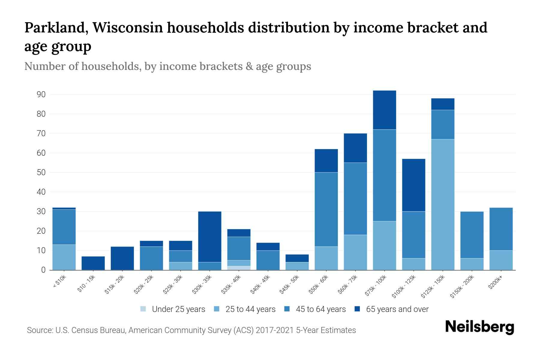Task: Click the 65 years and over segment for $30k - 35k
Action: [x=210, y=237]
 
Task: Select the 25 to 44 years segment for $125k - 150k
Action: [x=443, y=204]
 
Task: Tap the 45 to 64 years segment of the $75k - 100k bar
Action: [x=384, y=175]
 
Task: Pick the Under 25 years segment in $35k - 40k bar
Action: [x=239, y=268]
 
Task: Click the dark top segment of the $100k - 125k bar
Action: [x=414, y=185]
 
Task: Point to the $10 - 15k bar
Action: [x=93, y=263]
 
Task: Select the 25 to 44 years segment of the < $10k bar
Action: [x=64, y=257]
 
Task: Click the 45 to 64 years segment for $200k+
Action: [x=501, y=229]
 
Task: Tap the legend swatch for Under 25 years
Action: [x=143, y=309]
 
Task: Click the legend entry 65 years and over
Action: [x=397, y=309]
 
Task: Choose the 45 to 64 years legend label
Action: [x=320, y=309]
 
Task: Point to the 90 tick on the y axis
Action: [x=41, y=94]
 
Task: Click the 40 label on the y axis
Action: [x=41, y=192]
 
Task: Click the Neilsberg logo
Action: [x=479, y=327]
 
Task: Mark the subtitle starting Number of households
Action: [x=167, y=66]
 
